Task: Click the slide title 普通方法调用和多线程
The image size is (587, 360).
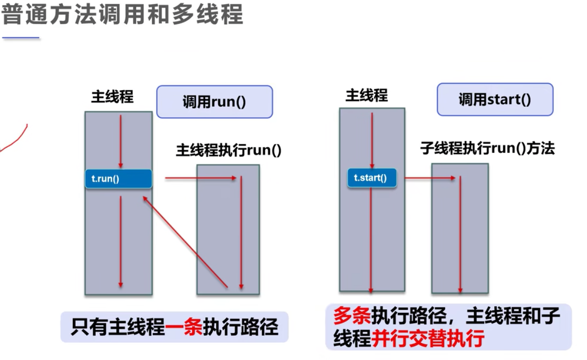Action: pyautogui.click(x=122, y=15)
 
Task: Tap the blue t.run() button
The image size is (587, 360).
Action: pyautogui.click(x=118, y=178)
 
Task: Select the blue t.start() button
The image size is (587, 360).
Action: pyautogui.click(x=371, y=177)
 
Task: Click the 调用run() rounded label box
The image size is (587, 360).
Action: pyautogui.click(x=214, y=102)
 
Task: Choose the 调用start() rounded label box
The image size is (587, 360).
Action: pyautogui.click(x=495, y=99)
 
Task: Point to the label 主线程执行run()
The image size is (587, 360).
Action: pyautogui.click(x=228, y=150)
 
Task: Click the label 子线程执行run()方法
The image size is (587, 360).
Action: pyautogui.click(x=487, y=148)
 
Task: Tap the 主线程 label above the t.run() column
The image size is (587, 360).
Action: pyautogui.click(x=112, y=97)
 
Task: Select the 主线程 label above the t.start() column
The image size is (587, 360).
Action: pyautogui.click(x=367, y=95)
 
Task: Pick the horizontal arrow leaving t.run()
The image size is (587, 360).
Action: pyautogui.click(x=201, y=177)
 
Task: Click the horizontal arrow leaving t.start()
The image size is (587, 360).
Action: pyautogui.click(x=430, y=177)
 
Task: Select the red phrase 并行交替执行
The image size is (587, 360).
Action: pyautogui.click(x=428, y=339)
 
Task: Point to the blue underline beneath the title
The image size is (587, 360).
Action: pyautogui.click(x=21, y=38)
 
